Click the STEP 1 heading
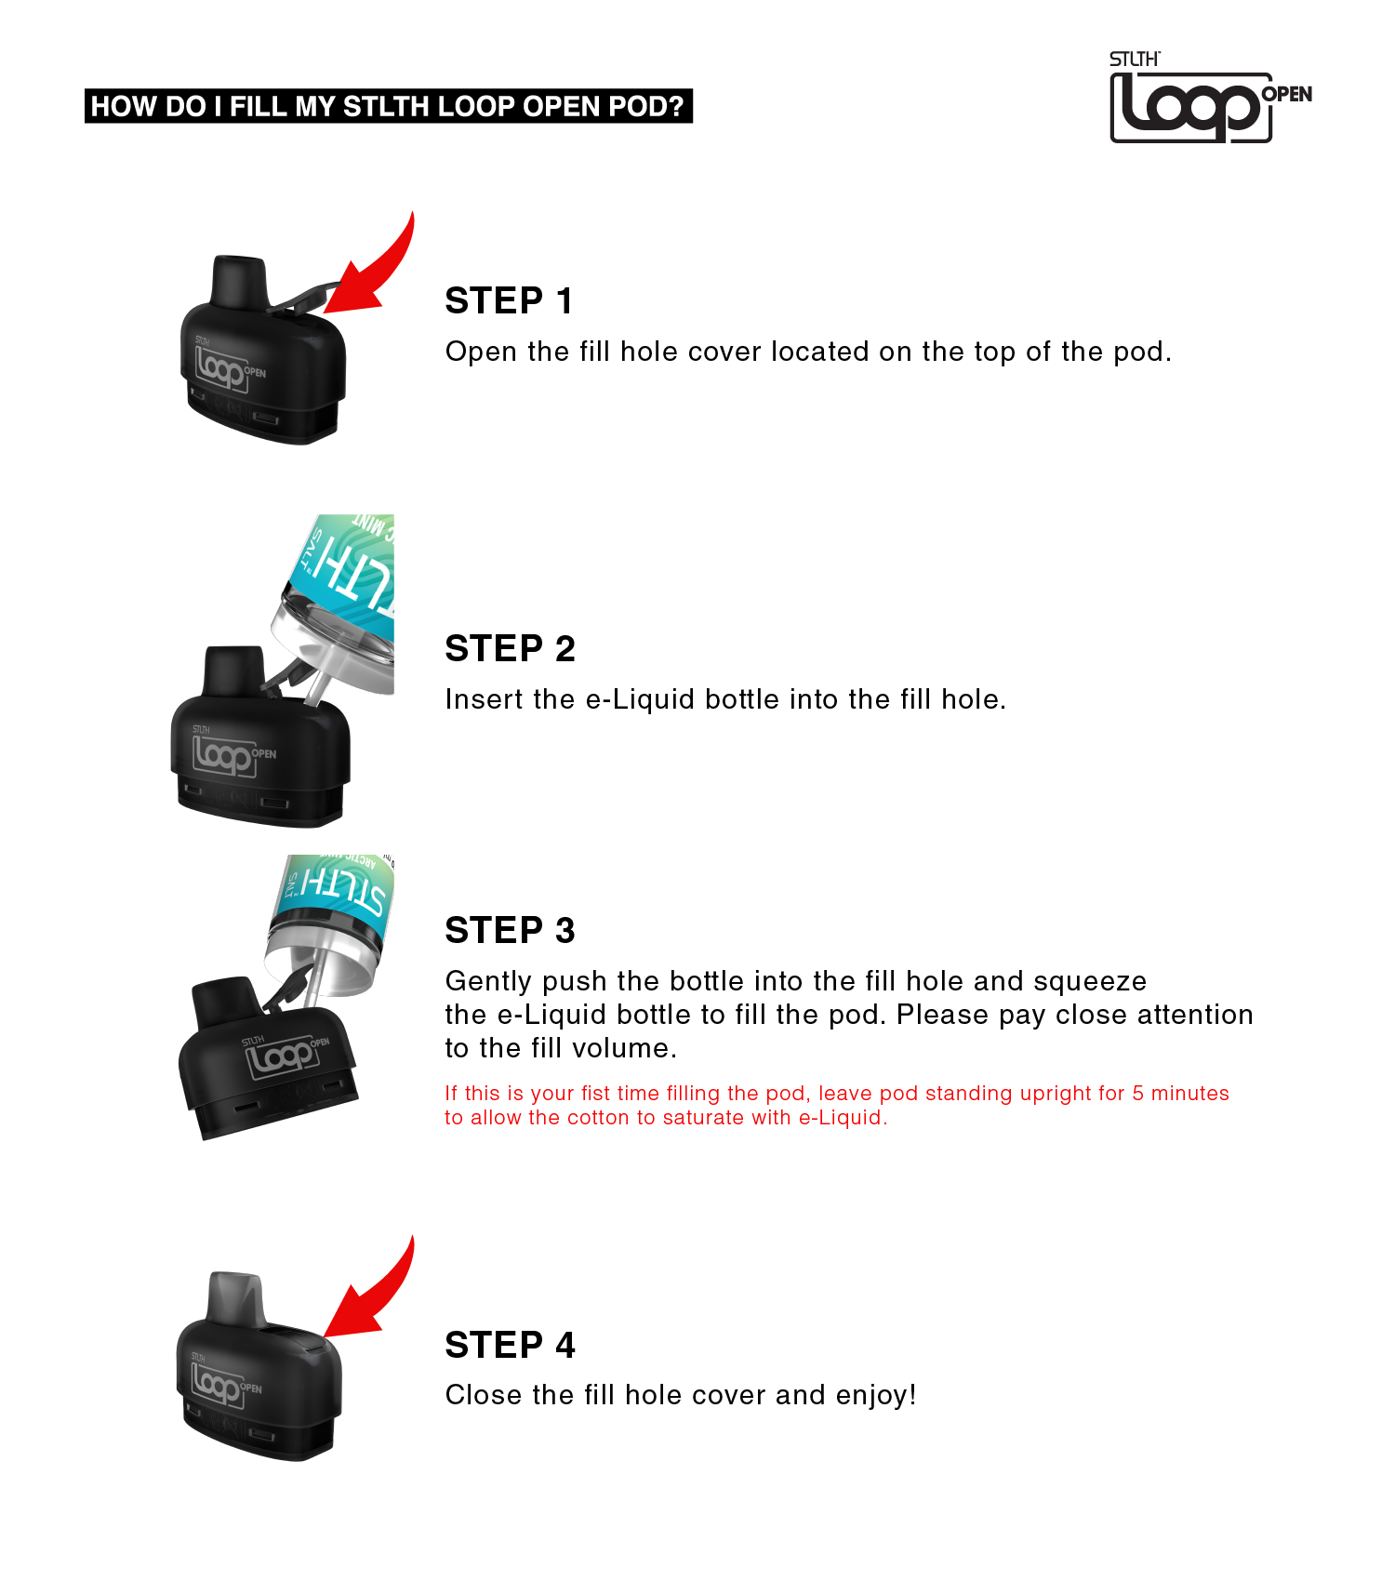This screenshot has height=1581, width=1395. click(x=509, y=301)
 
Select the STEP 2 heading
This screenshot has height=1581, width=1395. click(x=510, y=649)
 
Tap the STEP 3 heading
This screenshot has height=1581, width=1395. click(x=510, y=931)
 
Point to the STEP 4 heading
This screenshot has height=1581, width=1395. click(x=510, y=1346)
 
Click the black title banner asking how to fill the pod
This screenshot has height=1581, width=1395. click(x=388, y=107)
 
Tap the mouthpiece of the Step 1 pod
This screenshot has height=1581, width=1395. click(x=239, y=279)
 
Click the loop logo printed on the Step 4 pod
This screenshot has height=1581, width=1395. click(x=218, y=1383)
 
